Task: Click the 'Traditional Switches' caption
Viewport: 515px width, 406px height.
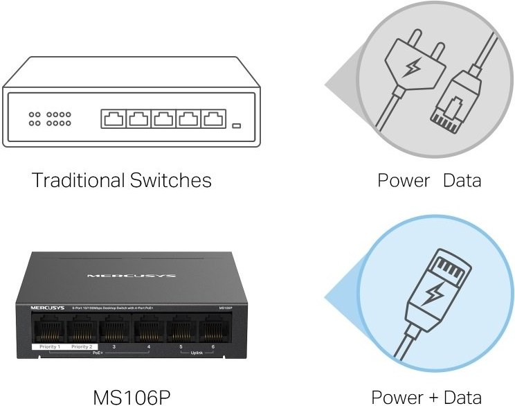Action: pyautogui.click(x=122, y=181)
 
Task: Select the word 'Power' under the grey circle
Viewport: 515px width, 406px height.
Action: pyautogui.click(x=403, y=181)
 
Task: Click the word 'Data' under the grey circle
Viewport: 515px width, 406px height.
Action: pyautogui.click(x=461, y=181)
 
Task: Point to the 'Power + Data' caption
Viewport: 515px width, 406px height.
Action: pyautogui.click(x=426, y=397)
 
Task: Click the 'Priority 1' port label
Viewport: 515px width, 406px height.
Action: pyautogui.click(x=49, y=346)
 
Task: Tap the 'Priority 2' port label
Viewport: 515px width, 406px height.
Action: pyautogui.click(x=81, y=346)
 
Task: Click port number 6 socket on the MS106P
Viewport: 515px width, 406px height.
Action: pyautogui.click(x=212, y=328)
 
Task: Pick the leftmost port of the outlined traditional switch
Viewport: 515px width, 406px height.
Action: pyautogui.click(x=114, y=118)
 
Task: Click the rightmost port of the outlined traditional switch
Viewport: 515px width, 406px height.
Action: pyautogui.click(x=213, y=118)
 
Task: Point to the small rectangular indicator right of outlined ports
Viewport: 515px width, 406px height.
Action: pyautogui.click(x=236, y=126)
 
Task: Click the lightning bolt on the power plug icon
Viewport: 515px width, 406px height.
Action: pyautogui.click(x=413, y=67)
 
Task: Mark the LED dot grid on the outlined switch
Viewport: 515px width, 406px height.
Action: pyautogui.click(x=50, y=118)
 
